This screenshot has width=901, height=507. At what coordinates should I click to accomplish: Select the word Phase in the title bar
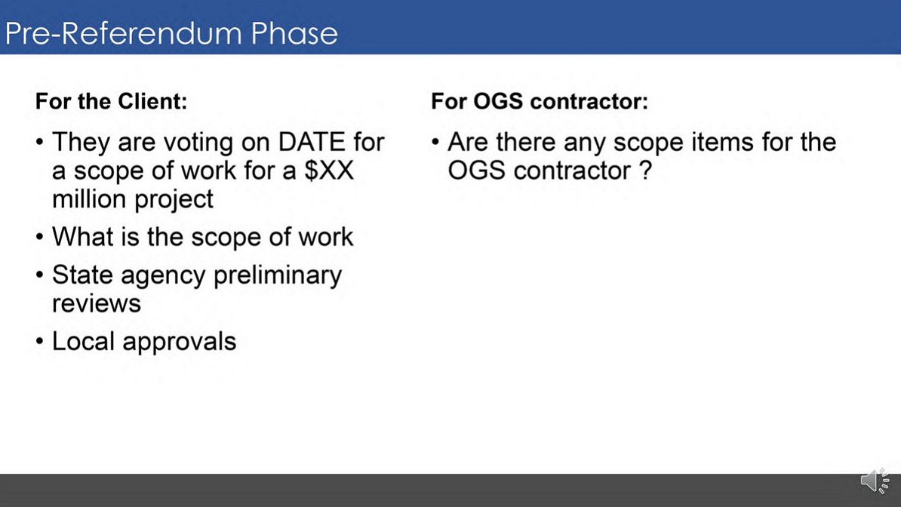click(x=295, y=33)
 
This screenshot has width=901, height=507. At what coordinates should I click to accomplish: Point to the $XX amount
click(x=329, y=171)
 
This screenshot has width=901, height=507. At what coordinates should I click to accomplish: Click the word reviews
click(x=96, y=303)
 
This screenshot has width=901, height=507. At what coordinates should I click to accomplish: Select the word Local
click(x=83, y=341)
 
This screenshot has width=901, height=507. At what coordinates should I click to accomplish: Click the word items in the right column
click(x=723, y=143)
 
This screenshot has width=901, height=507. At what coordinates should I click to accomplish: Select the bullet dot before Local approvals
click(x=39, y=343)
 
